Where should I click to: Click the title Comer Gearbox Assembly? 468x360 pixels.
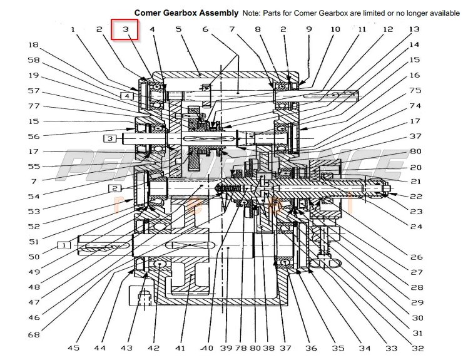click(x=186, y=13)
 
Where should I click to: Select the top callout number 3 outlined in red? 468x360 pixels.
click(x=125, y=29)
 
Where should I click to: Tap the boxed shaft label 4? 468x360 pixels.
click(x=127, y=96)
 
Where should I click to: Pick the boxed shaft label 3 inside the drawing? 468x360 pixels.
click(x=109, y=138)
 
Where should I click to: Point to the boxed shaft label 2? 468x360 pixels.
click(x=114, y=188)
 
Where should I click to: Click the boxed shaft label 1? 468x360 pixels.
click(x=64, y=245)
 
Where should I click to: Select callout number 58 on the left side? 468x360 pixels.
click(x=33, y=60)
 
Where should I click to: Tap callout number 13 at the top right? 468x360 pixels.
click(x=414, y=29)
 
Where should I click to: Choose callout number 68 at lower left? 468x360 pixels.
click(x=33, y=335)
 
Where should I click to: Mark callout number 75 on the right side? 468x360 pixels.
click(x=415, y=91)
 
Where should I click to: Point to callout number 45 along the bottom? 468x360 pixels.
click(x=74, y=348)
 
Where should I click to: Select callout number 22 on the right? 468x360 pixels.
click(x=415, y=197)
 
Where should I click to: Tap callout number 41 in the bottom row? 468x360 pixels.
click(x=181, y=348)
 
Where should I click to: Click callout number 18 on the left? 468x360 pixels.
click(x=33, y=45)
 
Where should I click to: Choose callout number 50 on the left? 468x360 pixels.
click(x=33, y=257)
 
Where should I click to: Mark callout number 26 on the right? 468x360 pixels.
click(x=415, y=257)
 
